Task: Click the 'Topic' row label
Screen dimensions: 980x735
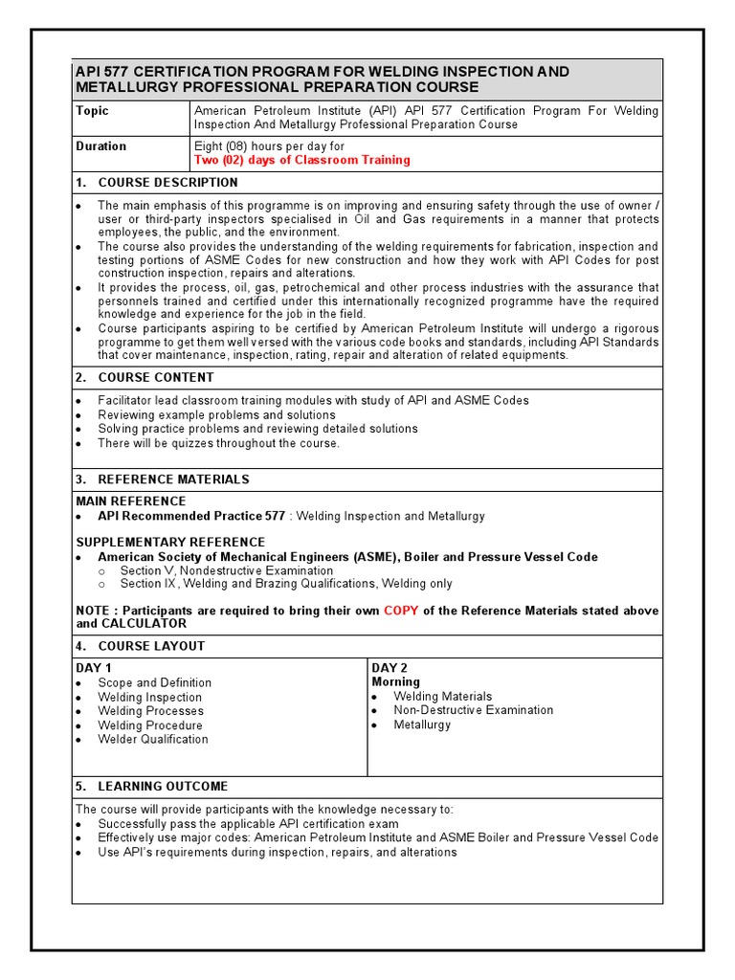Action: click(93, 111)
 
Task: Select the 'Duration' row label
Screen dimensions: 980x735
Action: click(100, 146)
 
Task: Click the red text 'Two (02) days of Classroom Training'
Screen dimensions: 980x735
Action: click(301, 160)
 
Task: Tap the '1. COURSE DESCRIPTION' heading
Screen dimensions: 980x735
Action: click(157, 183)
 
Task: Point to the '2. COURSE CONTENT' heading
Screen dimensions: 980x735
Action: click(145, 378)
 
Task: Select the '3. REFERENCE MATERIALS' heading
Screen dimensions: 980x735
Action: click(163, 479)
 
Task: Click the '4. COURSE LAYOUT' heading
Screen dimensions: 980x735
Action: click(141, 647)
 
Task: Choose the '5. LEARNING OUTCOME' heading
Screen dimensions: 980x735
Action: click(152, 787)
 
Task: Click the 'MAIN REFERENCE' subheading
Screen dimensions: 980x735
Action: click(131, 501)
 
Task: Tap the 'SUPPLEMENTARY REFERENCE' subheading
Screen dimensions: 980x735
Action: click(170, 543)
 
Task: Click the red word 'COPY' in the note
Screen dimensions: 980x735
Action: click(401, 611)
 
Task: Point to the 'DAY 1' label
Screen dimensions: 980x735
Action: click(94, 668)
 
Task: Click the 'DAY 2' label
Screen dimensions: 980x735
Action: click(390, 668)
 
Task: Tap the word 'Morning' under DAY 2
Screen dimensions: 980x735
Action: click(396, 682)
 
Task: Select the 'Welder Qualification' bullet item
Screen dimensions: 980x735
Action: click(152, 739)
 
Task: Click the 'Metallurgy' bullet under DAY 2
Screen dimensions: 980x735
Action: click(422, 724)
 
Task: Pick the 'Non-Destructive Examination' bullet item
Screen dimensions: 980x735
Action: click(473, 710)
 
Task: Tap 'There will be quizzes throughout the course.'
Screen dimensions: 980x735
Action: click(218, 443)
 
